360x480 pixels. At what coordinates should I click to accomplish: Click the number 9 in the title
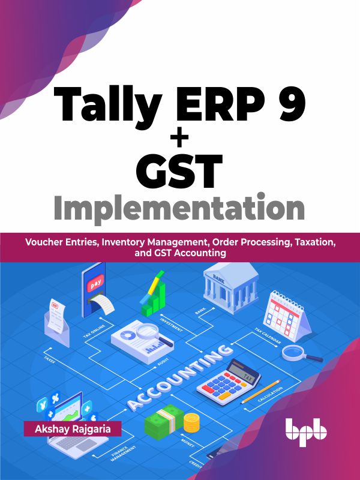coord(287,107)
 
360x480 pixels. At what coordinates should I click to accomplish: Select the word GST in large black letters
coord(181,171)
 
